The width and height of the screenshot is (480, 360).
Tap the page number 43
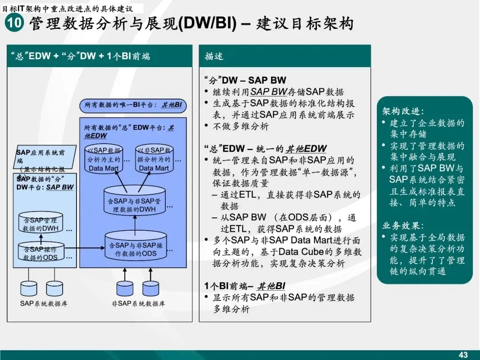tap(463, 355)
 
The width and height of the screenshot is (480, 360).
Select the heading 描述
tap(214, 56)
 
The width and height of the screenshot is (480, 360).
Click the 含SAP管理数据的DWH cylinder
tap(41, 224)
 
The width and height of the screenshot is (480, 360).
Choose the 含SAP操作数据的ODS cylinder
tap(40, 252)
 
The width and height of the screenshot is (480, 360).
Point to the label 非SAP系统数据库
tap(138, 304)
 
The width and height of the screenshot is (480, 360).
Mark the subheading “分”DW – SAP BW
tap(245, 80)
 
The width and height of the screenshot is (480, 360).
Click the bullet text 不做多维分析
tap(241, 127)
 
